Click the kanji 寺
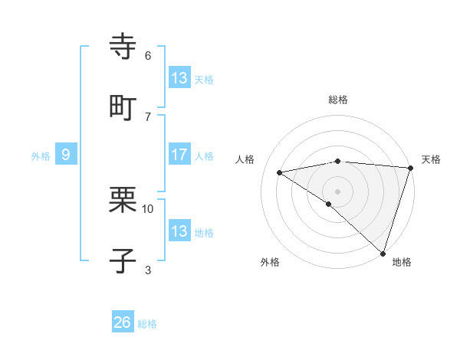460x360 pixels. [x=123, y=46]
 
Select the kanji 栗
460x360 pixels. [x=123, y=198]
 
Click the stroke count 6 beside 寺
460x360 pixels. [x=148, y=55]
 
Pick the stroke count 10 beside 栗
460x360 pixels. [x=148, y=208]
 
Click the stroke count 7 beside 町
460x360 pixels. [x=148, y=116]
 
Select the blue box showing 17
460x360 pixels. [x=179, y=155]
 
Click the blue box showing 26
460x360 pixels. [x=123, y=322]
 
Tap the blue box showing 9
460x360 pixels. [x=66, y=155]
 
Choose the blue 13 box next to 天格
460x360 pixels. [x=179, y=77]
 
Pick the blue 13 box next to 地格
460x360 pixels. [x=179, y=231]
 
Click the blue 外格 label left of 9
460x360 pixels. [x=41, y=156]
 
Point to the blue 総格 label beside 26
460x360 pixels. [x=147, y=324]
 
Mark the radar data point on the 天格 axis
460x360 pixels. [x=410, y=168]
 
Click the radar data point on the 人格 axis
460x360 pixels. [x=280, y=172]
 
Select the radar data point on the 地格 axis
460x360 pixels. [x=383, y=253]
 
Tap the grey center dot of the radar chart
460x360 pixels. [x=337, y=190]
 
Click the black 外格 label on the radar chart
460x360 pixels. [x=270, y=262]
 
